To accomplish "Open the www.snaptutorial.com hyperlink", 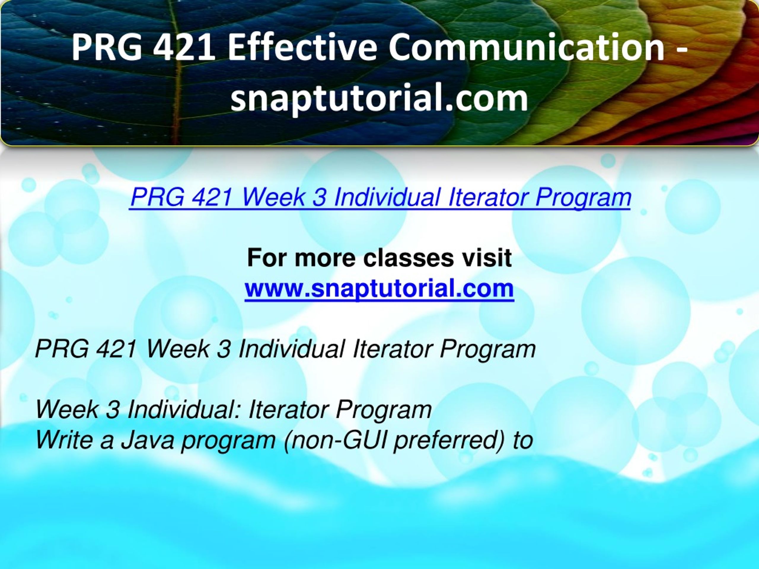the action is (379, 288).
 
